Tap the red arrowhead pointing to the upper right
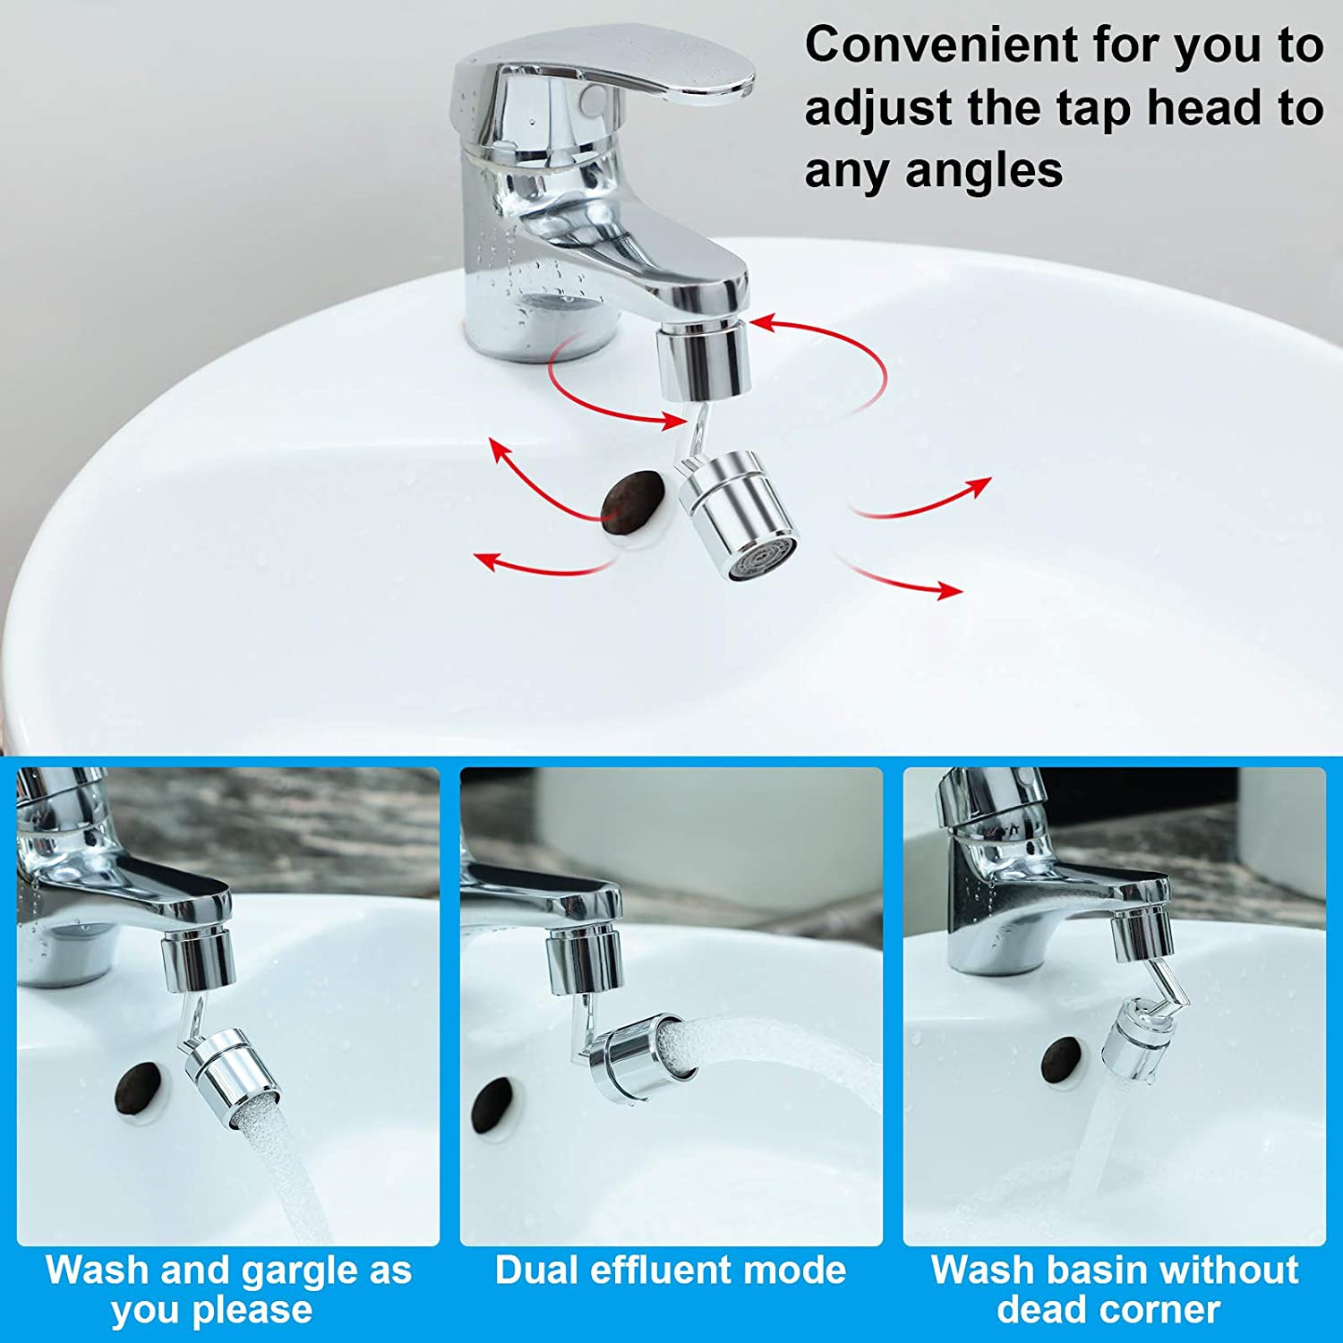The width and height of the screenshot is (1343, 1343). (979, 486)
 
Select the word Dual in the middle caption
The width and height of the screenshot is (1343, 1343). (535, 1270)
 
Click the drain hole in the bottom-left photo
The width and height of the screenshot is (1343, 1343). (139, 1088)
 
